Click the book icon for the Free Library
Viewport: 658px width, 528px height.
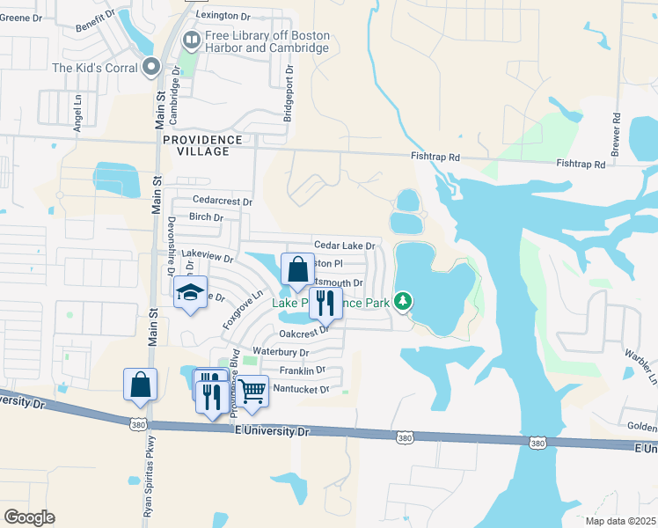[x=190, y=40]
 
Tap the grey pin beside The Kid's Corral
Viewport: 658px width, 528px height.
[x=151, y=67]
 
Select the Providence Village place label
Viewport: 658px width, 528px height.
[x=201, y=145]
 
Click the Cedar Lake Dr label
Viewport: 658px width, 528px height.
[x=345, y=246]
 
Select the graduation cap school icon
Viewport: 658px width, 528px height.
[x=189, y=293]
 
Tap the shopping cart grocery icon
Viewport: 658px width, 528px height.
[x=252, y=391]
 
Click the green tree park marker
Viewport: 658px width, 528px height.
[x=404, y=302]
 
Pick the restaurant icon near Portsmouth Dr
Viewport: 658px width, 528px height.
[x=325, y=303]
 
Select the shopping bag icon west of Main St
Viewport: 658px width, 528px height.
[x=140, y=384]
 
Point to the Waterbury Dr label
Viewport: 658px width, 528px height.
[x=281, y=353]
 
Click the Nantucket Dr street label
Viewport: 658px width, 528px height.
[x=299, y=388]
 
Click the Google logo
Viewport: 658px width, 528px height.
[x=30, y=517]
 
